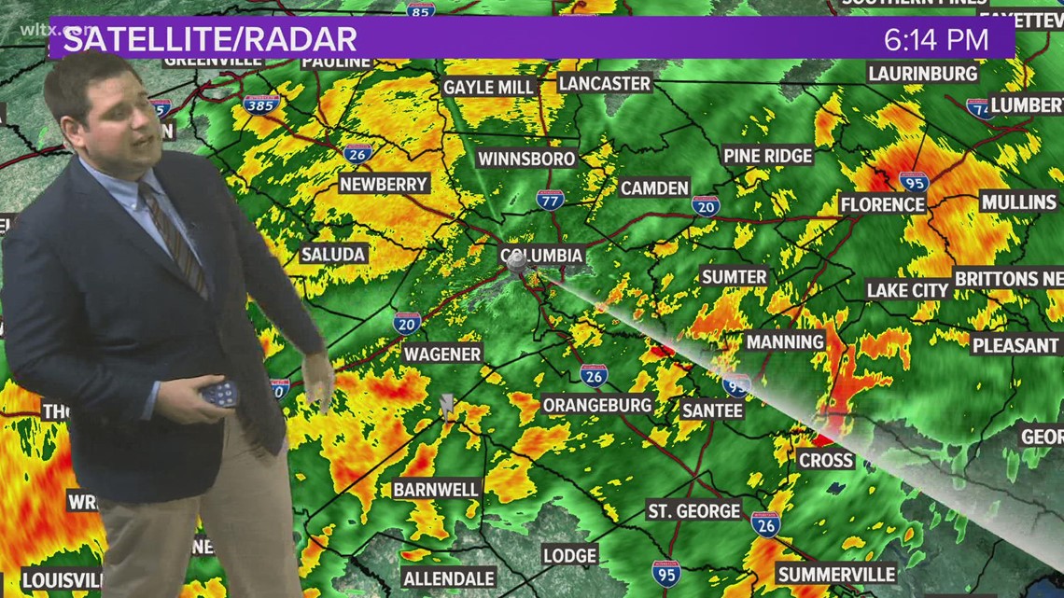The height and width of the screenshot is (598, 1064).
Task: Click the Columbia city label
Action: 542,255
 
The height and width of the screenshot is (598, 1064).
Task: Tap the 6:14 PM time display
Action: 936,40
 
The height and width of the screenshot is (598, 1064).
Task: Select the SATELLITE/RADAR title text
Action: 210,40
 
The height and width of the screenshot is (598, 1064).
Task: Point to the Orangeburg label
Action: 597,405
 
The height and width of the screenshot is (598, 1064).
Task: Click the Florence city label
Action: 882,203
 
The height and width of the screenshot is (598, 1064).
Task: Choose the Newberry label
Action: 384,184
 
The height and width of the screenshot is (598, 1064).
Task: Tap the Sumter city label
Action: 734,276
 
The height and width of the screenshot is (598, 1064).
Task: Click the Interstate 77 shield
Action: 549,199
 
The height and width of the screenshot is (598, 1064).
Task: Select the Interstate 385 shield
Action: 261,104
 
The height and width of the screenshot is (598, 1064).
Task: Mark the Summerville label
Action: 836,574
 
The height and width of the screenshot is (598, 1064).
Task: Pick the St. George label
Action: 693,510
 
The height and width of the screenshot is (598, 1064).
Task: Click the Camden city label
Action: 654,188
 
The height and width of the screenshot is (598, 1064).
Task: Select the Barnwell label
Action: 436,489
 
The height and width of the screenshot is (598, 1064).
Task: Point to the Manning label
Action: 785,341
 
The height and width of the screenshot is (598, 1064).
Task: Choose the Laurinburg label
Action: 922,73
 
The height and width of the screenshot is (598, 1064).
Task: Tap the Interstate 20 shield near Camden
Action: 706,205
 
